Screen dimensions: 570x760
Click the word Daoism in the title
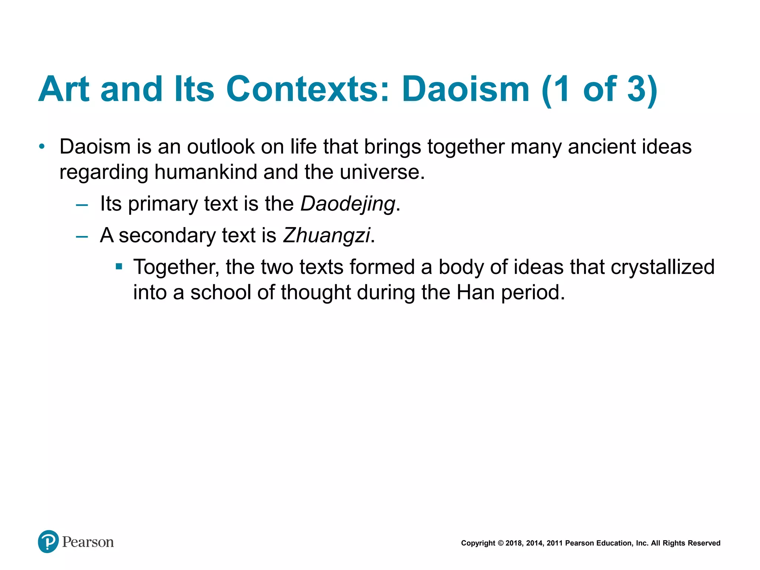(x=465, y=89)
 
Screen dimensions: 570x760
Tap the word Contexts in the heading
(x=308, y=89)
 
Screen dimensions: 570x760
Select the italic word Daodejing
(x=348, y=204)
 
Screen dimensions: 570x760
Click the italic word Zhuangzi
(x=326, y=235)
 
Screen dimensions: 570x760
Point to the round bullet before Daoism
(x=42, y=147)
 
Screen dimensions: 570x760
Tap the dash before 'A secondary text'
(x=82, y=236)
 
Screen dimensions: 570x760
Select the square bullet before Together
(x=119, y=266)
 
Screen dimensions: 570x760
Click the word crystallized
(x=662, y=267)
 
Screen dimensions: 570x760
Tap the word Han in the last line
(x=475, y=292)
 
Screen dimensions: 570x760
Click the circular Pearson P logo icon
(x=48, y=541)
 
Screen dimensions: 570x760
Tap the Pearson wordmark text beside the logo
(x=88, y=542)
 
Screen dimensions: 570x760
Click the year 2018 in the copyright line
(x=514, y=543)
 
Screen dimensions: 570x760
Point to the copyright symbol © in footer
(x=500, y=543)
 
